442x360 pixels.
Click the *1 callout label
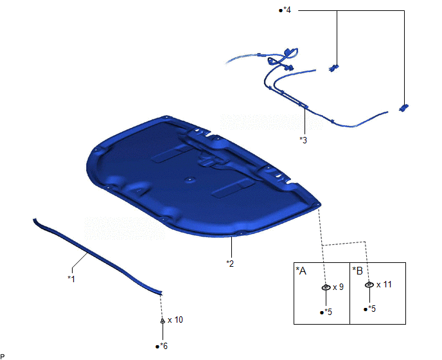(x=71, y=279)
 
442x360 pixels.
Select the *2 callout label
(x=230, y=264)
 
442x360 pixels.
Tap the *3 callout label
(x=303, y=140)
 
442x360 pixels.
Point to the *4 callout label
(x=287, y=10)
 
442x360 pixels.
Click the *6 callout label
(x=163, y=346)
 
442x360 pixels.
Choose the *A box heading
(x=301, y=271)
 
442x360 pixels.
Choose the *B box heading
(x=358, y=271)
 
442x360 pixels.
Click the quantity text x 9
(x=339, y=287)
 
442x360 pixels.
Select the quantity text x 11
(x=384, y=284)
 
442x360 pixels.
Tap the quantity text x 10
(x=175, y=319)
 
